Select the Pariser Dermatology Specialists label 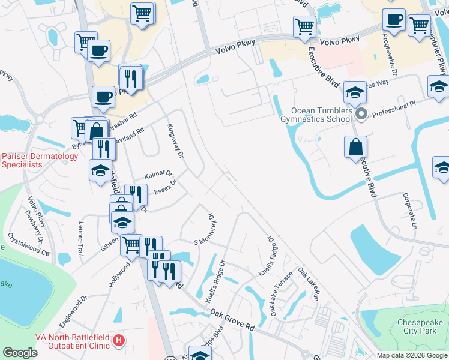coord(40,160)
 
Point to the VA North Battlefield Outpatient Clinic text coord(55,341)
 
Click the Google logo coord(20,353)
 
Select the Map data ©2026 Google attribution coord(412,355)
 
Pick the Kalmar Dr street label coord(158,175)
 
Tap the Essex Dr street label coord(165,187)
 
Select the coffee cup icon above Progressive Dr coord(394,19)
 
